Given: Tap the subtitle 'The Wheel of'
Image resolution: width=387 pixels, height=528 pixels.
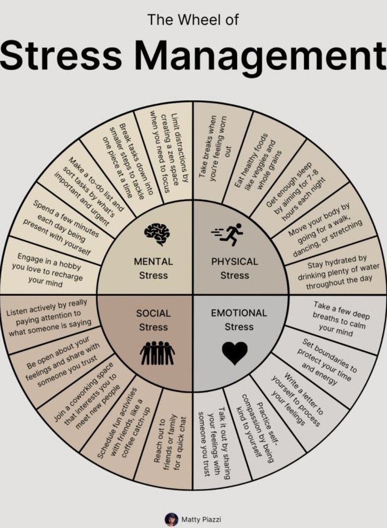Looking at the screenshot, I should point(192,20).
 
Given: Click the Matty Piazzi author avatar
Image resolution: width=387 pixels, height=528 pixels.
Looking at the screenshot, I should point(171,518).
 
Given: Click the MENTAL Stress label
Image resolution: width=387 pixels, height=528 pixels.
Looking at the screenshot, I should point(154,268).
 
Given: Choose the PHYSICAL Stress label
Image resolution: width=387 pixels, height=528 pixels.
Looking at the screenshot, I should point(235,268).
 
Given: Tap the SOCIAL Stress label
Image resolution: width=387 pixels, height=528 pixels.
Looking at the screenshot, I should point(154,320).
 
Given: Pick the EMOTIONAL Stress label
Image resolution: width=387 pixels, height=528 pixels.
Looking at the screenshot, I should point(239,319).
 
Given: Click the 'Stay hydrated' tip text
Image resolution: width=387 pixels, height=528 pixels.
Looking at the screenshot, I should point(336,272).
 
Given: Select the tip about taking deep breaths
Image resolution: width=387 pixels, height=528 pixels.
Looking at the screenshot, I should point(341,318).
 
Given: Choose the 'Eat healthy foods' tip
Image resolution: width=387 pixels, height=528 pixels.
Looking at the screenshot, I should point(260,162).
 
